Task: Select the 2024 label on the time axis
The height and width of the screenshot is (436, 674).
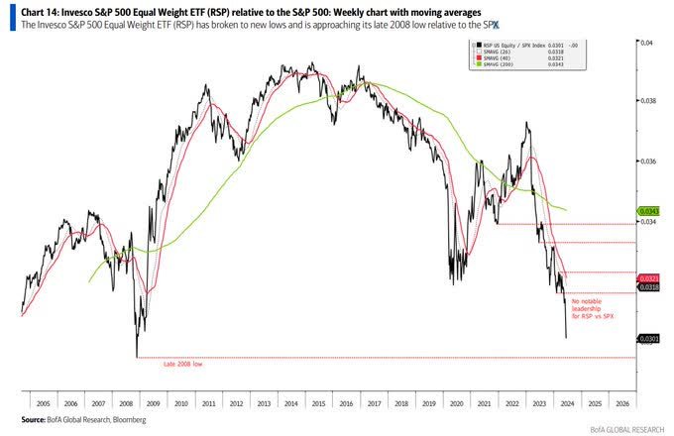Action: click(564, 404)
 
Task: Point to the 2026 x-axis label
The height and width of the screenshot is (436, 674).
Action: click(621, 404)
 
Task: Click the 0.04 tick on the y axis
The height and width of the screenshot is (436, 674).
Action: click(646, 43)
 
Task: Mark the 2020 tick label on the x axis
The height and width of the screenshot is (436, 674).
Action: click(455, 404)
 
